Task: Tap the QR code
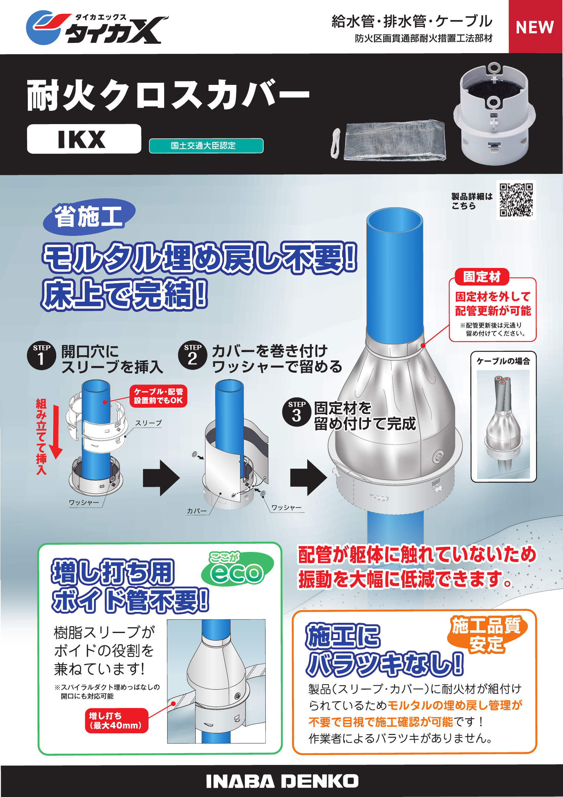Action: point(516,200)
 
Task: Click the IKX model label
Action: point(83,139)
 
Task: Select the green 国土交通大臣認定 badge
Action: point(206,146)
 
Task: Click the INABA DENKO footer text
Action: point(282,781)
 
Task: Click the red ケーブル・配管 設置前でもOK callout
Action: point(158,396)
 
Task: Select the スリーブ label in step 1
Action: point(148,423)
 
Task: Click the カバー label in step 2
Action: point(196,511)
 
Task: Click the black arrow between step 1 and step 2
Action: point(161,478)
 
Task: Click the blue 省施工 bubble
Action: point(89,216)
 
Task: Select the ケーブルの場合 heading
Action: point(503,361)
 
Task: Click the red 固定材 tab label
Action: point(482,277)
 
